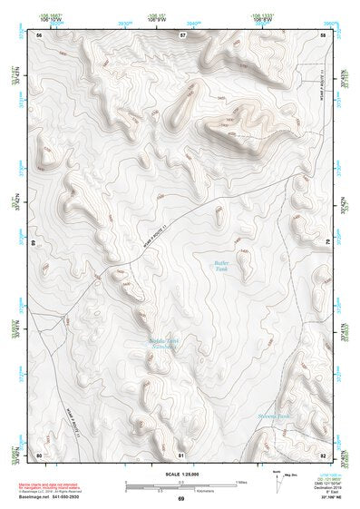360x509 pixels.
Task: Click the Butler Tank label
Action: coord(220,267)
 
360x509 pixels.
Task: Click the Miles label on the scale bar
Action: coord(241,481)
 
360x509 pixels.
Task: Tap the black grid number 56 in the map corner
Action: coord(39,34)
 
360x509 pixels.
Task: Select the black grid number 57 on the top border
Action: coord(182,34)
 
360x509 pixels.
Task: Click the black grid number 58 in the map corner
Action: coord(324,34)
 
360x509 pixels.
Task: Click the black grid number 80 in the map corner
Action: coord(39,455)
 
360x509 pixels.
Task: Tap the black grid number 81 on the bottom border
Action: coord(181,455)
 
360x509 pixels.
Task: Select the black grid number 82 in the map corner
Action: coord(324,455)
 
